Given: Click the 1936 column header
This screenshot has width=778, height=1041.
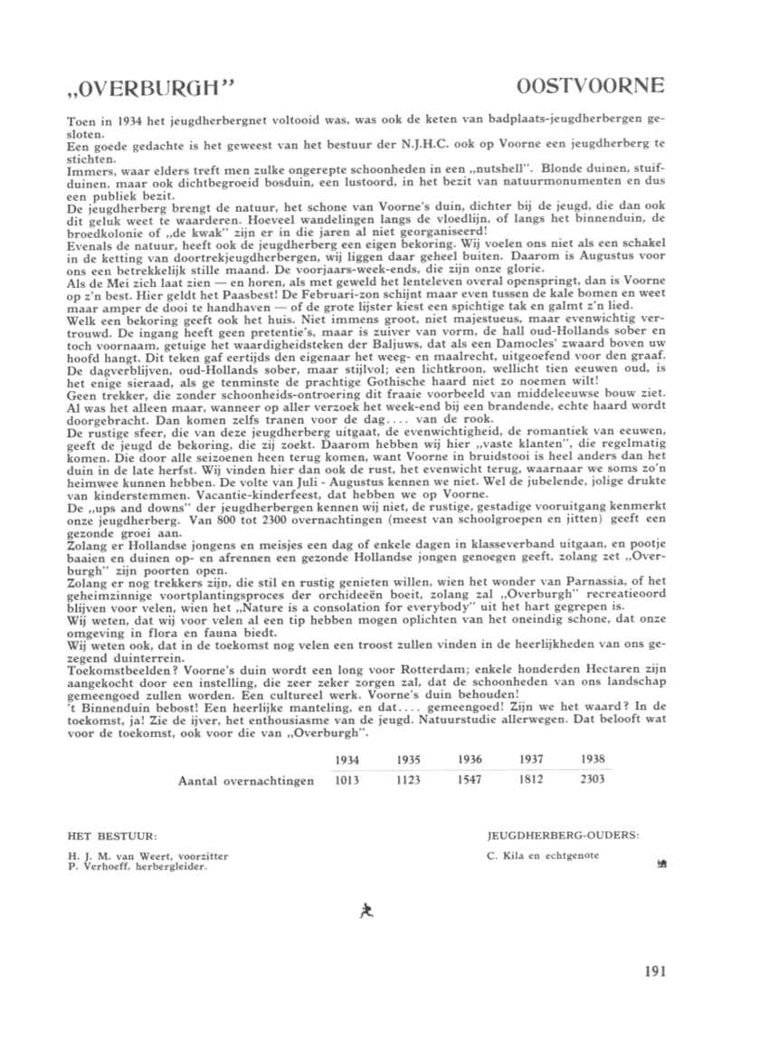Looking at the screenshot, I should point(470,759).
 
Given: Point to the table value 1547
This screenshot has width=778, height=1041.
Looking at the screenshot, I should point(470,779).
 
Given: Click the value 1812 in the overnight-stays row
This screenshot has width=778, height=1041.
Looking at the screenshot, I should point(532,779).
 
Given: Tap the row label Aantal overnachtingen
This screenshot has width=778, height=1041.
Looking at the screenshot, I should point(248,779).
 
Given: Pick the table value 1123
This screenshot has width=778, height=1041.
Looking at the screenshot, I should point(409,779).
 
